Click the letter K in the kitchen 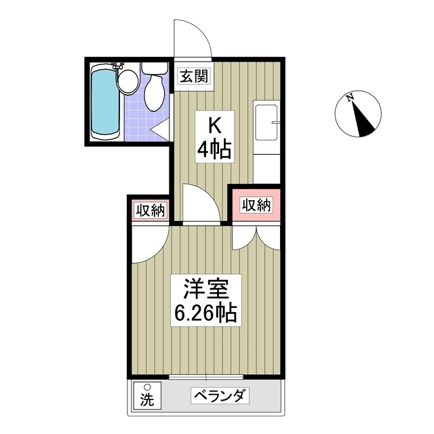214,126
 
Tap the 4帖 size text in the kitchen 214,149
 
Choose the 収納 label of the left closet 149,211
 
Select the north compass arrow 363,119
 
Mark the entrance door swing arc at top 192,37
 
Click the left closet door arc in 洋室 147,244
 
